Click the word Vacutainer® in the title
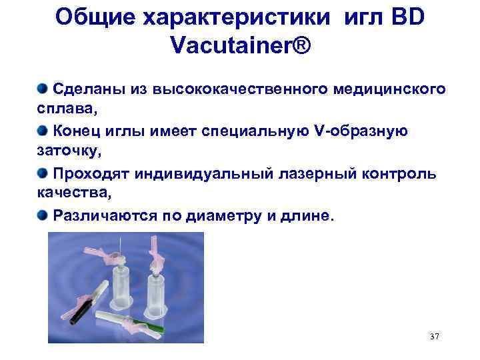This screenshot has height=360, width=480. (241, 45)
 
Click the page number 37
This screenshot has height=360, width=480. (435, 336)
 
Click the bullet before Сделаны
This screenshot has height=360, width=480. (43, 87)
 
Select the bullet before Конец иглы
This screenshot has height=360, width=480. (43, 130)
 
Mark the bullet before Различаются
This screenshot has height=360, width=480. (43, 215)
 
